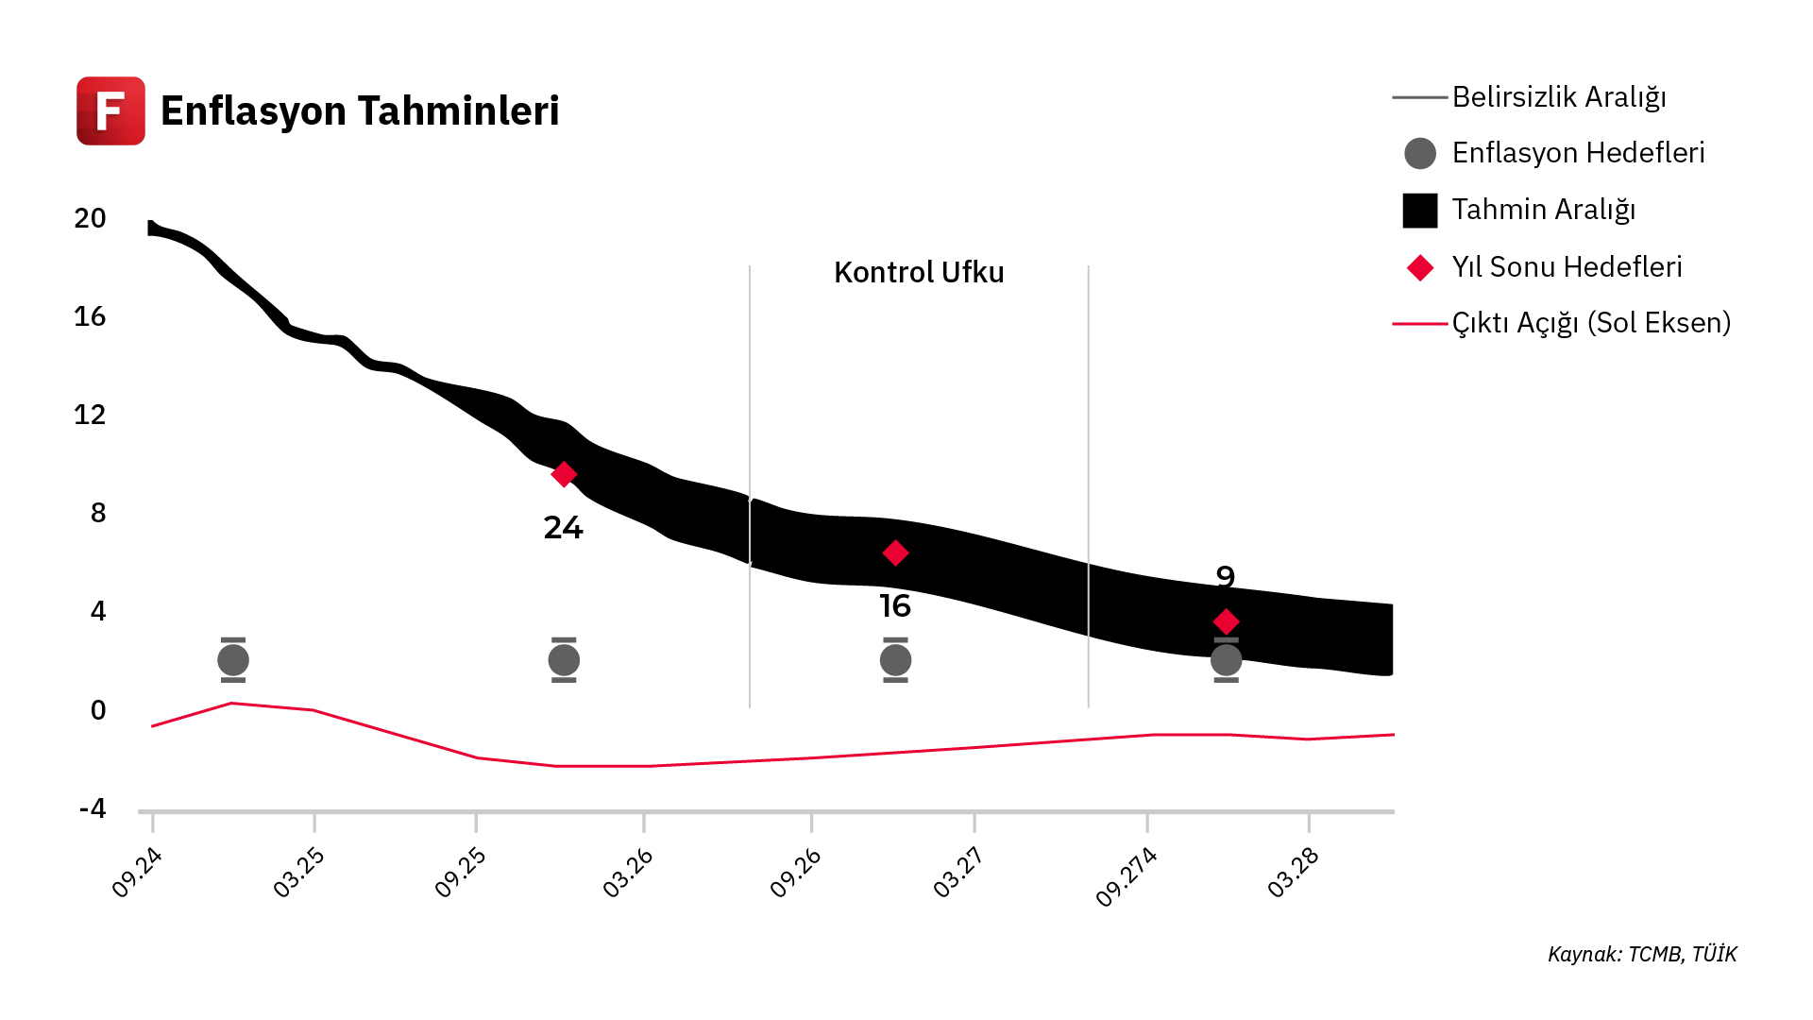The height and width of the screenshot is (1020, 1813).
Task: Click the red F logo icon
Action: pyautogui.click(x=110, y=110)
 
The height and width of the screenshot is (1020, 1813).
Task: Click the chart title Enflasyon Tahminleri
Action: pyautogui.click(x=360, y=110)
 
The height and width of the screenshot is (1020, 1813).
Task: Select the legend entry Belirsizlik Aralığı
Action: pyautogui.click(x=1558, y=97)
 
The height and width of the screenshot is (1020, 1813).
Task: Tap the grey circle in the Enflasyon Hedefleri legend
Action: pyautogui.click(x=1420, y=153)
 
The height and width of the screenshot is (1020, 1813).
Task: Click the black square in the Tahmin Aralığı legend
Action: pyautogui.click(x=1420, y=211)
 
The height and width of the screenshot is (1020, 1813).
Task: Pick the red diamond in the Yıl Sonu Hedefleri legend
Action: pyautogui.click(x=1420, y=268)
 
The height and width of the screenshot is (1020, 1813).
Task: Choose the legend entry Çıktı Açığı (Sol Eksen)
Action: pyautogui.click(x=1590, y=323)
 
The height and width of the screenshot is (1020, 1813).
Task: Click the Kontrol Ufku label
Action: pyautogui.click(x=919, y=273)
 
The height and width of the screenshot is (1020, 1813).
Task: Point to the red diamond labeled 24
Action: pyautogui.click(x=564, y=474)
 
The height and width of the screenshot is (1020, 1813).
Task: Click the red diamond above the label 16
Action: pyautogui.click(x=895, y=553)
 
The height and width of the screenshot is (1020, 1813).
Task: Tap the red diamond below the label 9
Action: pyautogui.click(x=1226, y=621)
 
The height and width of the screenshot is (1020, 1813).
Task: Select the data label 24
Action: pyautogui.click(x=564, y=528)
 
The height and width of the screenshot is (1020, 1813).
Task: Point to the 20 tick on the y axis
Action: pyautogui.click(x=91, y=219)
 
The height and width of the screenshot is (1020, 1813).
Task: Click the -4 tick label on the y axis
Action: pyautogui.click(x=93, y=809)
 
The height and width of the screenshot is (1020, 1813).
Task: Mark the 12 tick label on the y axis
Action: pyautogui.click(x=91, y=416)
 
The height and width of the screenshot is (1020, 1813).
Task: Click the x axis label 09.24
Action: pyautogui.click(x=138, y=872)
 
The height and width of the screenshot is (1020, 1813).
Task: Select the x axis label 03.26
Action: pyautogui.click(x=629, y=872)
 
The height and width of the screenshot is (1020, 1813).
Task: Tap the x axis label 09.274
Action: pyautogui.click(x=1127, y=876)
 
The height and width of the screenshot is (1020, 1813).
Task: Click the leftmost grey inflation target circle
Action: pyautogui.click(x=233, y=660)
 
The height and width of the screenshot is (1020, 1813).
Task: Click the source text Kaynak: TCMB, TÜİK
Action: pyautogui.click(x=1642, y=955)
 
